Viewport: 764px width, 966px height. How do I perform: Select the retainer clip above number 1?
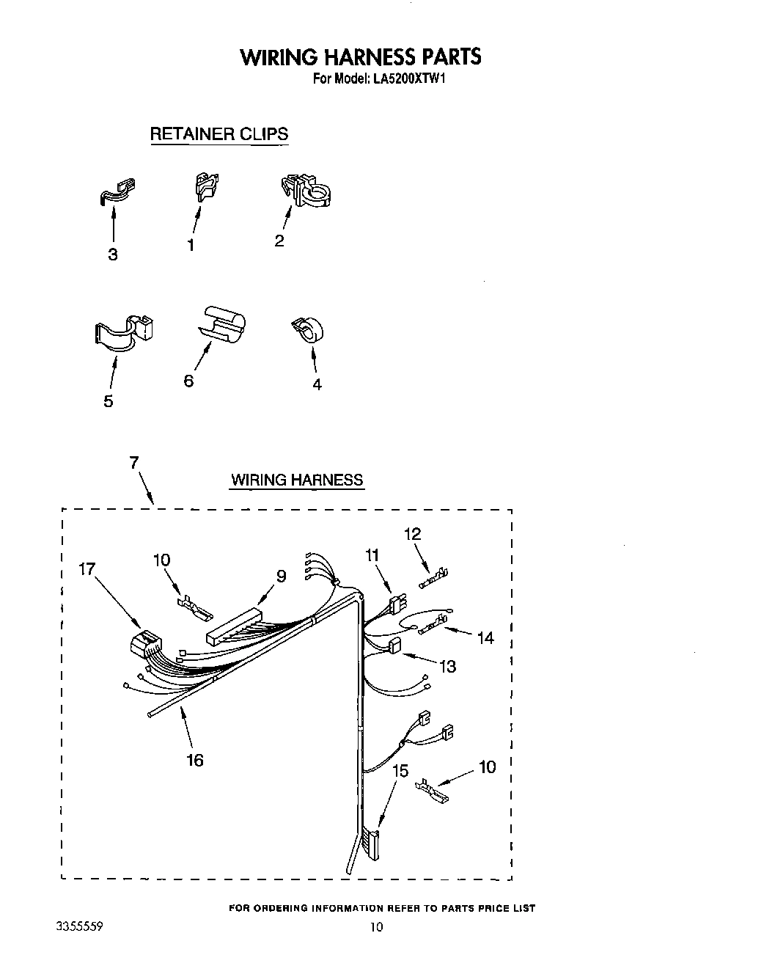click(x=207, y=186)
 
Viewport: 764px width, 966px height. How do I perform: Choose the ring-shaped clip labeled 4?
click(x=309, y=331)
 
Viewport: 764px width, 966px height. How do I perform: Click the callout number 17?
click(x=87, y=568)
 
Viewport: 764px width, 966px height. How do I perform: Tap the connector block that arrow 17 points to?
click(x=147, y=645)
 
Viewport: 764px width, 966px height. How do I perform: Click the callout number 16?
click(x=194, y=760)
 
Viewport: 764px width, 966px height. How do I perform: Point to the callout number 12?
click(x=413, y=534)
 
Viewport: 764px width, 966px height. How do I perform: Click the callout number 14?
click(x=485, y=638)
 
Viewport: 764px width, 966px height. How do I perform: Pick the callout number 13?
click(x=447, y=666)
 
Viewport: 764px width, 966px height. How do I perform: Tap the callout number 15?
click(x=400, y=771)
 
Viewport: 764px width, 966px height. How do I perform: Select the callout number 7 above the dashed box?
click(x=134, y=462)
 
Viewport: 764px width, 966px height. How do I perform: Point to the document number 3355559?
click(x=78, y=926)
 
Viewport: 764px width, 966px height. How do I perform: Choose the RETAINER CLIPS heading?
click(x=218, y=134)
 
